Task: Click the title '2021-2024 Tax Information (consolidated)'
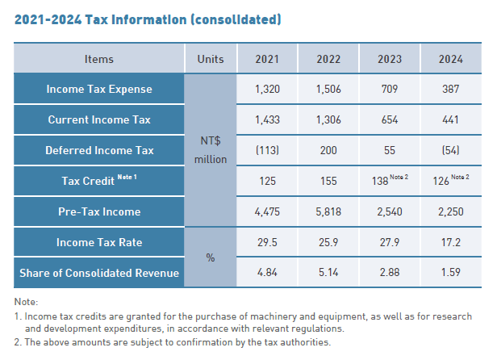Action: click(x=148, y=18)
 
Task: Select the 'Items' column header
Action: click(x=99, y=59)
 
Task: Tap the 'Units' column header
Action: click(x=211, y=59)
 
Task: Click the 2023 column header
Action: click(x=390, y=59)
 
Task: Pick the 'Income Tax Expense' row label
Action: click(x=99, y=89)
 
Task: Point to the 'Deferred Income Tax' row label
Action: click(x=99, y=150)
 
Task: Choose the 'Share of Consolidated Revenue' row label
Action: click(x=99, y=273)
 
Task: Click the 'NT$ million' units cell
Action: click(x=211, y=150)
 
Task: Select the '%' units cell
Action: click(x=211, y=257)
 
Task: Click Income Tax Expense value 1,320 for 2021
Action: click(x=267, y=89)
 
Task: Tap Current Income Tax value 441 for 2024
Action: click(x=450, y=119)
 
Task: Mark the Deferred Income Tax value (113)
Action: click(x=267, y=150)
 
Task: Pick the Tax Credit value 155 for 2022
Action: click(x=328, y=182)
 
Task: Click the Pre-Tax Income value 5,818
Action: click(x=328, y=212)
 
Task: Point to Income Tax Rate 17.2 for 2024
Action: click(x=450, y=242)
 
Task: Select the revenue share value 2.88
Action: click(x=390, y=273)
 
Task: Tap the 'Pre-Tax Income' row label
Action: click(x=99, y=212)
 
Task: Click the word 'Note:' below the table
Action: click(x=27, y=302)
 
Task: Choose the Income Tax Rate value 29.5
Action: click(x=267, y=242)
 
